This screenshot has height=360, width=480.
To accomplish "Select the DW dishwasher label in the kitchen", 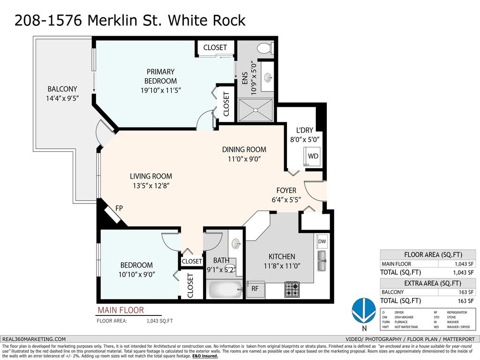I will click(x=322, y=241).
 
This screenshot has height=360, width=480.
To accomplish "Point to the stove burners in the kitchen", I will click(x=292, y=289).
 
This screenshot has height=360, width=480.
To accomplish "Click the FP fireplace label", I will click(x=119, y=208).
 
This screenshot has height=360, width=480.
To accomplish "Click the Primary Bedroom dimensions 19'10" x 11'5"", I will click(x=160, y=90).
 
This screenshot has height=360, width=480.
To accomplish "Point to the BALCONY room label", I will click(x=62, y=89).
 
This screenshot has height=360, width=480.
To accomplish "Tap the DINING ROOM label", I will click(x=244, y=150).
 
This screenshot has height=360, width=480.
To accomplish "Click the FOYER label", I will click(x=286, y=190).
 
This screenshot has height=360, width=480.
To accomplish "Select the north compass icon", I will click(x=364, y=311).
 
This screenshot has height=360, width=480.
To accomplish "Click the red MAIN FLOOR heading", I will click(x=120, y=310).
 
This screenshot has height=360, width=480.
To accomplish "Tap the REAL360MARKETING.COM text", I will click(x=34, y=339).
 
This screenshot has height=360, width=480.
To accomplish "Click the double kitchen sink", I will click(x=322, y=261).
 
